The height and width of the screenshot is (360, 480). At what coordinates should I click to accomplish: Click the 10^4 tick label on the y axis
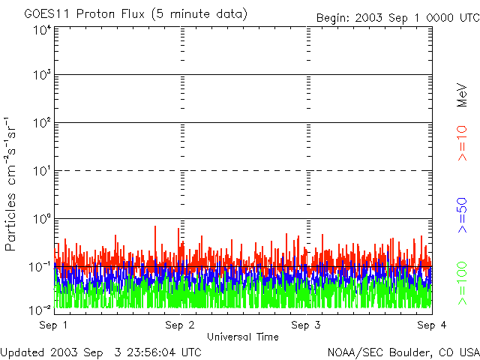[x=42, y=30]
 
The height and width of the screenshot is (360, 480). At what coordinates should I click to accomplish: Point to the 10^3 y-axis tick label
[x=42, y=76]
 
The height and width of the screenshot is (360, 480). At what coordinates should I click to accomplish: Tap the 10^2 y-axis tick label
[x=42, y=123]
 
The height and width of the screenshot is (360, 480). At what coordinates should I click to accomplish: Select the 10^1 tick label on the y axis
[x=42, y=171]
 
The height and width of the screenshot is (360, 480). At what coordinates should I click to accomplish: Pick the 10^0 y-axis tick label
[x=42, y=219]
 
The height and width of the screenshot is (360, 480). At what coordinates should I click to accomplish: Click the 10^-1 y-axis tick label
[x=40, y=266]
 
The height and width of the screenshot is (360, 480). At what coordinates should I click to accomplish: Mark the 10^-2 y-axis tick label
[x=40, y=309]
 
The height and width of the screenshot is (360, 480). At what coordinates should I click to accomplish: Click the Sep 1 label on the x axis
[x=55, y=325]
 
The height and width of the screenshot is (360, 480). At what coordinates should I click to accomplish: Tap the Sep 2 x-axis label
[x=180, y=325]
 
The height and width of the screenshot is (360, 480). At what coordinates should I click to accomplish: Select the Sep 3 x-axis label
[x=306, y=325]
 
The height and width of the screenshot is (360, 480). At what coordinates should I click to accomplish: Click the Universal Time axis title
[x=242, y=337]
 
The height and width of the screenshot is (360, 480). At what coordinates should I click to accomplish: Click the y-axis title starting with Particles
[x=13, y=184]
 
